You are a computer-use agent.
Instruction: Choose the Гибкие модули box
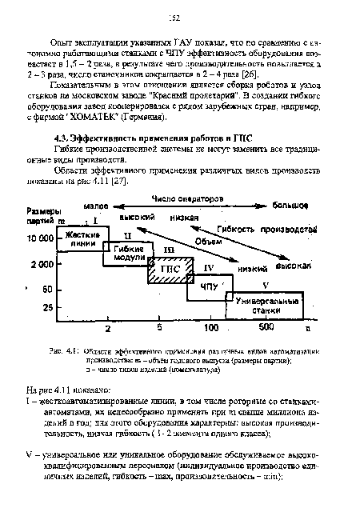[x=126, y=255]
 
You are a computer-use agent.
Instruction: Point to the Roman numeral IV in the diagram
[x=210, y=267]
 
